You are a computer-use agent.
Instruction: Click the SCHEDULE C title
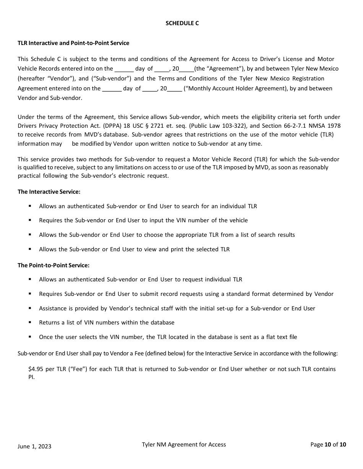pyautogui.click(x=182, y=23)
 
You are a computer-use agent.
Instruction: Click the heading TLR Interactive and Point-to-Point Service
pyautogui.click(x=73, y=43)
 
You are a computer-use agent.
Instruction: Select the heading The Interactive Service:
pyautogui.click(x=49, y=192)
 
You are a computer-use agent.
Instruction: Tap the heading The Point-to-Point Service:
pyautogui.click(x=53, y=265)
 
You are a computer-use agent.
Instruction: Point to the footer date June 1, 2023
pyautogui.click(x=34, y=446)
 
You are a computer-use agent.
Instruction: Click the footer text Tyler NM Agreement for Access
pyautogui.click(x=184, y=445)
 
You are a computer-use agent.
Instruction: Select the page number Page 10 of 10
pyautogui.click(x=328, y=445)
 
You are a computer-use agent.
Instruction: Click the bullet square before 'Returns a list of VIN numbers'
pyautogui.click(x=30, y=323)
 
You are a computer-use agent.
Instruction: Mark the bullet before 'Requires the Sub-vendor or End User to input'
pyautogui.click(x=30, y=220)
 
